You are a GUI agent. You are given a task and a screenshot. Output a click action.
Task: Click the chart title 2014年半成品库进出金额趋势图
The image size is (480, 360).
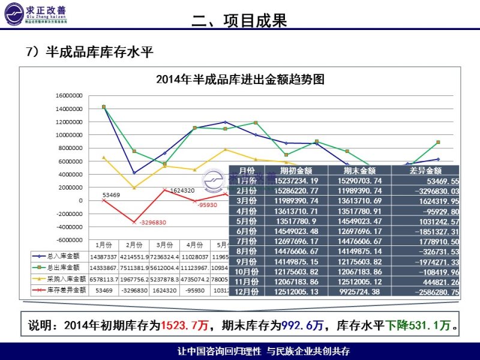pyautogui.click(x=240, y=79)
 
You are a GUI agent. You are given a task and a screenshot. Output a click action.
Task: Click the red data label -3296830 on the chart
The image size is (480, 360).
pyautogui.click(x=152, y=223)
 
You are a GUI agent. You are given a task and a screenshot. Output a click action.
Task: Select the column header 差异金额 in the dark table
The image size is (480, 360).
pyautogui.click(x=425, y=170)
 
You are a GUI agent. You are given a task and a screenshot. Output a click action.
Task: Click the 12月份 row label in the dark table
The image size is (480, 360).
pyautogui.click(x=247, y=292)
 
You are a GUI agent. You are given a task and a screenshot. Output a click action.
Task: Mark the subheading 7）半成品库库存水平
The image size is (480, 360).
pyautogui.click(x=90, y=52)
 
